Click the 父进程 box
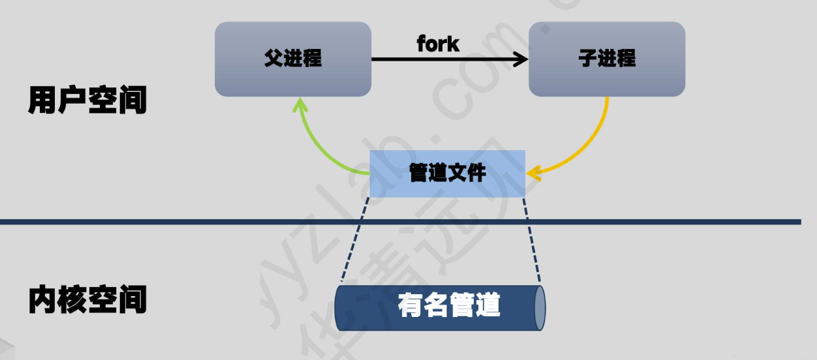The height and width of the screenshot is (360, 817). click(x=293, y=59)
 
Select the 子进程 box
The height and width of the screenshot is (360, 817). click(x=606, y=59)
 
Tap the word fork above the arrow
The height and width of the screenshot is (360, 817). click(x=438, y=44)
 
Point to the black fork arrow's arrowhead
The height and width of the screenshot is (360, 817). click(x=521, y=59)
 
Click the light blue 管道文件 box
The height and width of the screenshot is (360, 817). click(x=447, y=173)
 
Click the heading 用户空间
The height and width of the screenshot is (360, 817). click(x=87, y=101)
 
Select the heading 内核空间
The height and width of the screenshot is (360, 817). click(x=87, y=299)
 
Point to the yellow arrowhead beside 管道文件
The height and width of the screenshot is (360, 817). click(x=534, y=173)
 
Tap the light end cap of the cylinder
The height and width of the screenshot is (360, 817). click(x=540, y=307)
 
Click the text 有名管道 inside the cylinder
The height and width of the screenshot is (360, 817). click(x=449, y=305)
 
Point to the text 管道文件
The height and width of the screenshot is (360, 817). click(x=447, y=173)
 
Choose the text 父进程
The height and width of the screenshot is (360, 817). click(x=293, y=59)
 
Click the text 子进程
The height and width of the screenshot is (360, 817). click(x=606, y=59)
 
